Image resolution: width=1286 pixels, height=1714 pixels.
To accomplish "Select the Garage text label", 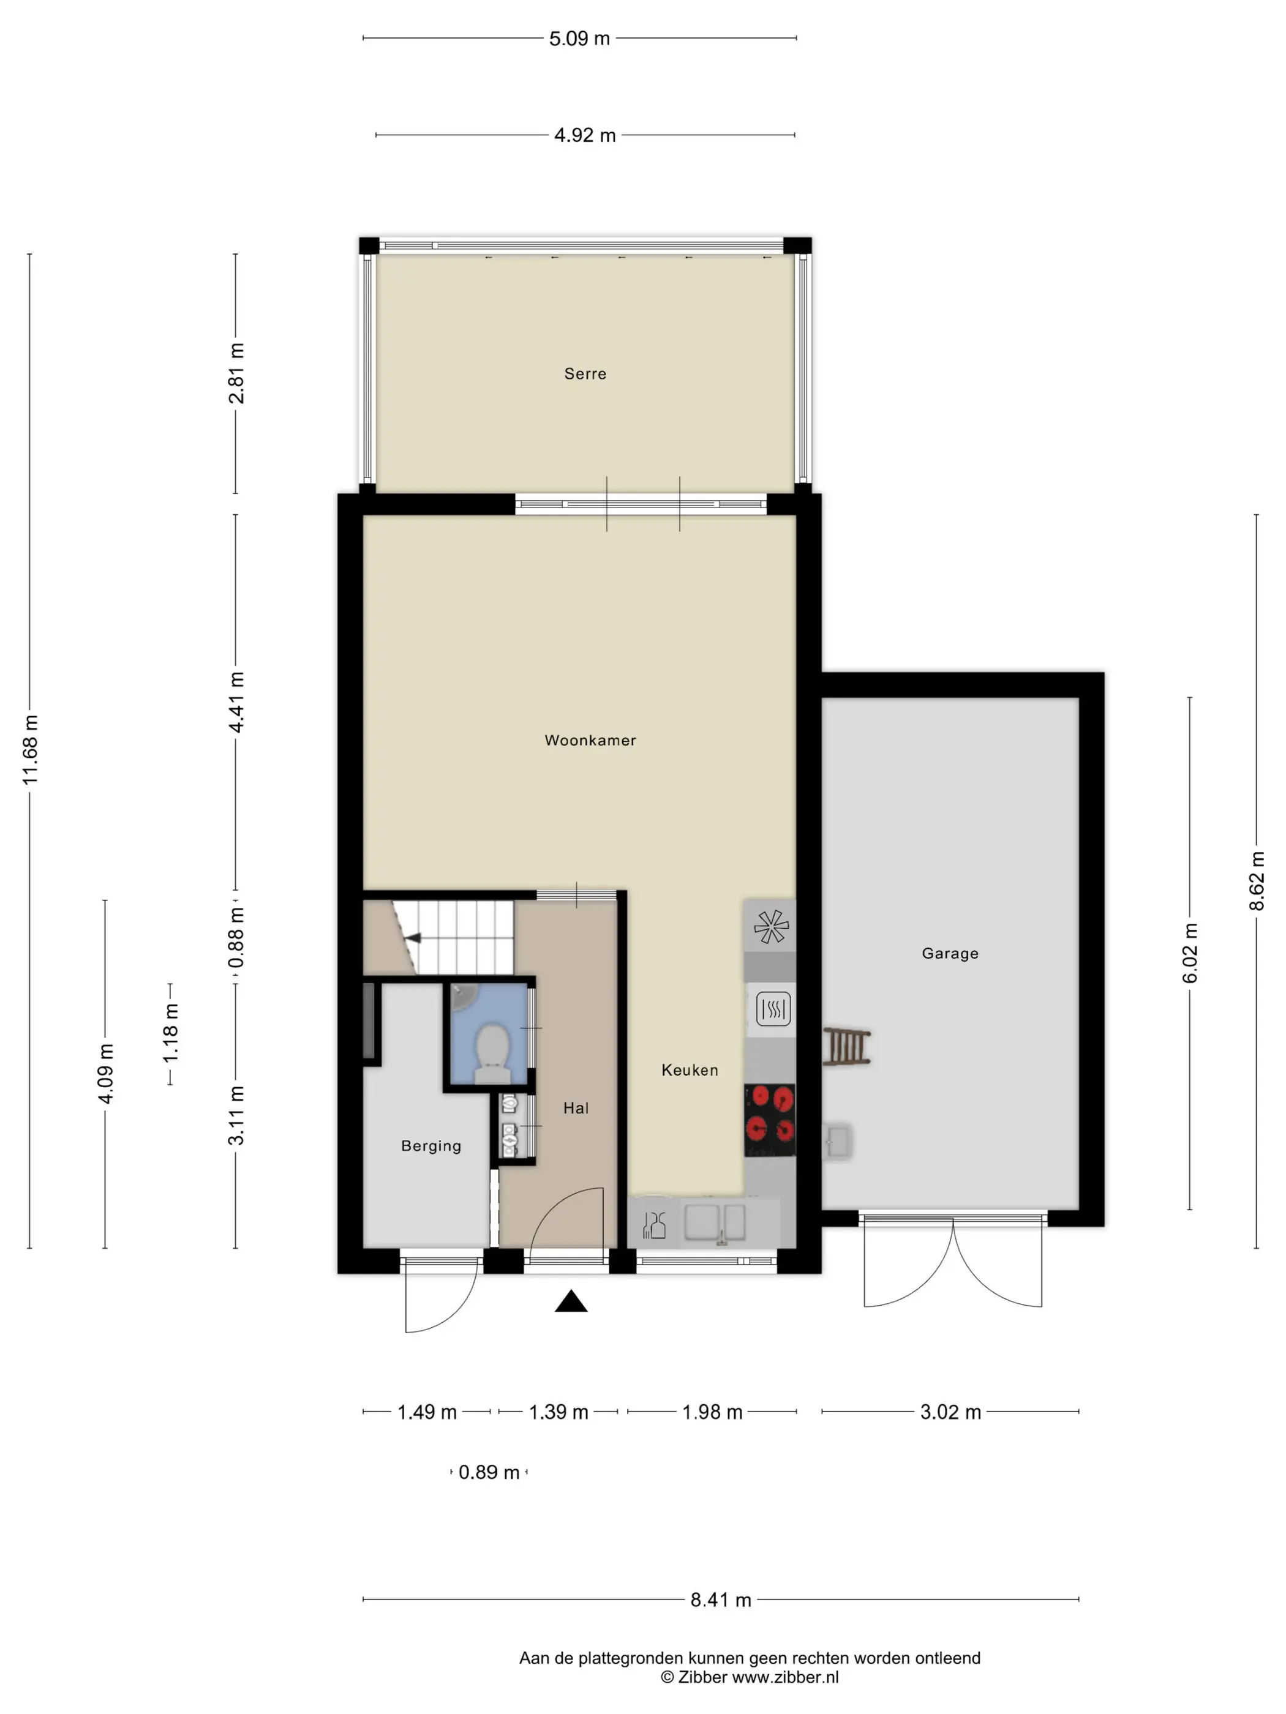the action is (950, 953).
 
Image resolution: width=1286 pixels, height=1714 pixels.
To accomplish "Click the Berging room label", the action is (431, 1146).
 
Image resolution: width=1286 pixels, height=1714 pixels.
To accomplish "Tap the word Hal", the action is (576, 1108).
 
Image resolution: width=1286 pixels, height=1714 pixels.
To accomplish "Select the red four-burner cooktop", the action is (770, 1120).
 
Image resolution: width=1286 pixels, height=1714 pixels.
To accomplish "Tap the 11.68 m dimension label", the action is (30, 749).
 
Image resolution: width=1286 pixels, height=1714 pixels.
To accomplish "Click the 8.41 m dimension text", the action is (721, 1600).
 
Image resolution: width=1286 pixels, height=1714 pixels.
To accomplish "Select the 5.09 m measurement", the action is (579, 39).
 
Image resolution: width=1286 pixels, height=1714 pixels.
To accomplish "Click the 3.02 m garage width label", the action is (950, 1412).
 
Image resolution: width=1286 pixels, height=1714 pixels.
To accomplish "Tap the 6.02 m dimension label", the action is (1190, 954).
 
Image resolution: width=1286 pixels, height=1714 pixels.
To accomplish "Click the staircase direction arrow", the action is (413, 938).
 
